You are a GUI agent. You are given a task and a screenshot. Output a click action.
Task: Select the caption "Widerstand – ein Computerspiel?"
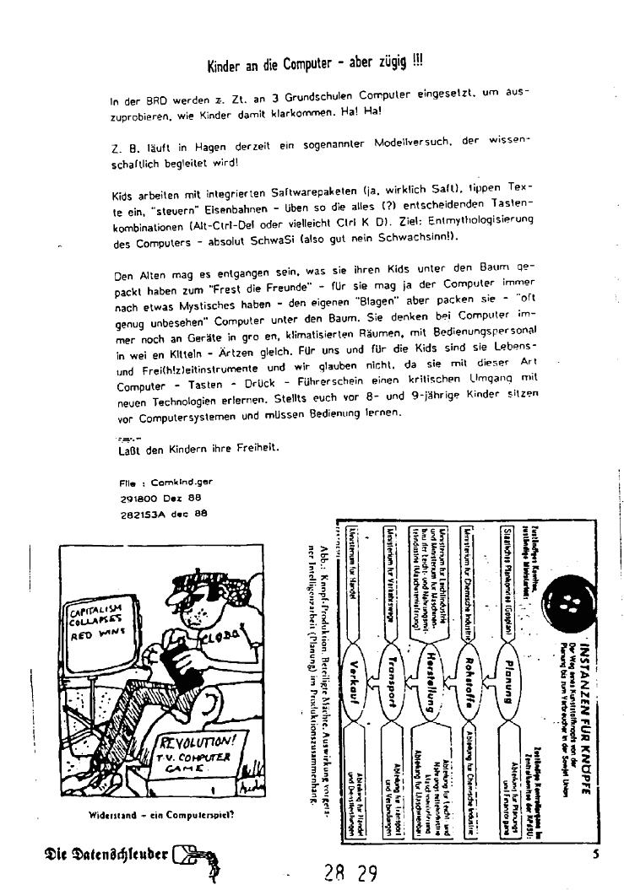tap(161, 816)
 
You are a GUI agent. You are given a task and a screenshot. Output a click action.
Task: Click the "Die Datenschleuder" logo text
tap(93, 851)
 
